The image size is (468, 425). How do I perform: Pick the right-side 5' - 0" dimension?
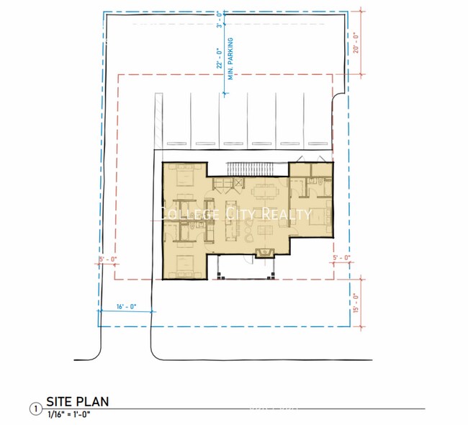coord(341,257)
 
